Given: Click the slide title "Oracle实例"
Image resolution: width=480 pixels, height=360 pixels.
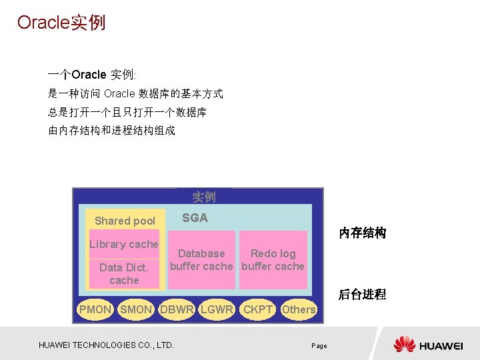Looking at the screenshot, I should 61,23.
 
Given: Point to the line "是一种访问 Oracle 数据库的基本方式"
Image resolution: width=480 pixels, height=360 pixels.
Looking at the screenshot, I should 135,94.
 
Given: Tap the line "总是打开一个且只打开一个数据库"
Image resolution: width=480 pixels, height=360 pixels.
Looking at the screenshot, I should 127,113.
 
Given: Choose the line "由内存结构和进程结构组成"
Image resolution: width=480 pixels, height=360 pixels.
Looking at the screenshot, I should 112,131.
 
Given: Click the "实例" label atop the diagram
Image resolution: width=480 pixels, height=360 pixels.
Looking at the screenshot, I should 204,197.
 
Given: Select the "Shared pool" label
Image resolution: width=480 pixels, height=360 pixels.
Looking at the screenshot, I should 125,221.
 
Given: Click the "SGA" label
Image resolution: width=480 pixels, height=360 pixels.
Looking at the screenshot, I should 195,218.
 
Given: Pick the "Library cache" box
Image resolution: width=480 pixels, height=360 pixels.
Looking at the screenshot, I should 124,245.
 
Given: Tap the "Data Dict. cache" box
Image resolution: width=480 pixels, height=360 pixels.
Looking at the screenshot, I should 124,274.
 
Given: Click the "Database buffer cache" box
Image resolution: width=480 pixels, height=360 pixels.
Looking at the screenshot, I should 201,260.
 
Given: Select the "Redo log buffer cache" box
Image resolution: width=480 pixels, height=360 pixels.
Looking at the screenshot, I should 273,260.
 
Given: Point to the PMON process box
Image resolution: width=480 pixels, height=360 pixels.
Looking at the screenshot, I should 95,309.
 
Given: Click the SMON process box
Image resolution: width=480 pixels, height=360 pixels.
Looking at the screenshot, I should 136,309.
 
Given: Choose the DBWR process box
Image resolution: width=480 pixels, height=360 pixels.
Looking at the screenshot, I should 177,309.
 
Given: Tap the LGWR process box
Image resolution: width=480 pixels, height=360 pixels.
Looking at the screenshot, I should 217,309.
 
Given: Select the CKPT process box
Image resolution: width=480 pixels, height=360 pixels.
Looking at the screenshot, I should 258,309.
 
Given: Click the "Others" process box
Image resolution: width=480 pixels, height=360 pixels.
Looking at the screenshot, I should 299,309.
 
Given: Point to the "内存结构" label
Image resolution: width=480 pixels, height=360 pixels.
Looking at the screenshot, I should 362,233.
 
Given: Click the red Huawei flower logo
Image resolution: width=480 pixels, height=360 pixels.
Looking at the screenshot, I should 405,345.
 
